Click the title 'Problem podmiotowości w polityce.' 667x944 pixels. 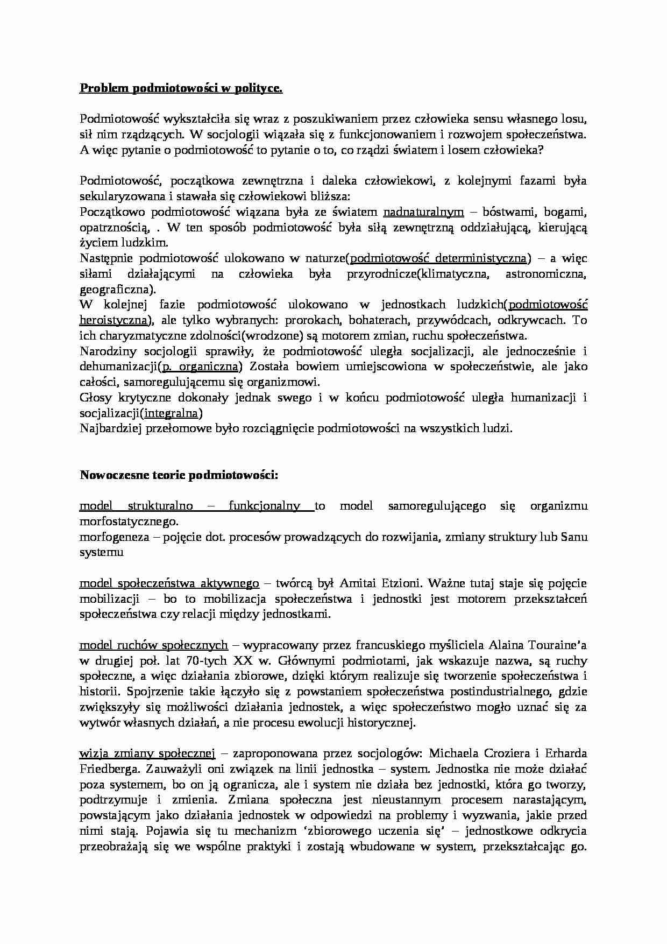click(181, 89)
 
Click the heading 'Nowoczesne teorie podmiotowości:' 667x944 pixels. click(179, 475)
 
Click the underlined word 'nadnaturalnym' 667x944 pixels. click(423, 212)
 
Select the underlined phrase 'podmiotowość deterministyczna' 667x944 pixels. click(438, 258)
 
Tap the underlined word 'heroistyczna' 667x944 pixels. click(113, 321)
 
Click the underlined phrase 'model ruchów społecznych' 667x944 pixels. click(154, 645)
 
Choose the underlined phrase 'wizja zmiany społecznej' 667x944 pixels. click(147, 753)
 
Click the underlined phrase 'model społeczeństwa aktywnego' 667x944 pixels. click(169, 583)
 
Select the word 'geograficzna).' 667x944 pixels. click(117, 290)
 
